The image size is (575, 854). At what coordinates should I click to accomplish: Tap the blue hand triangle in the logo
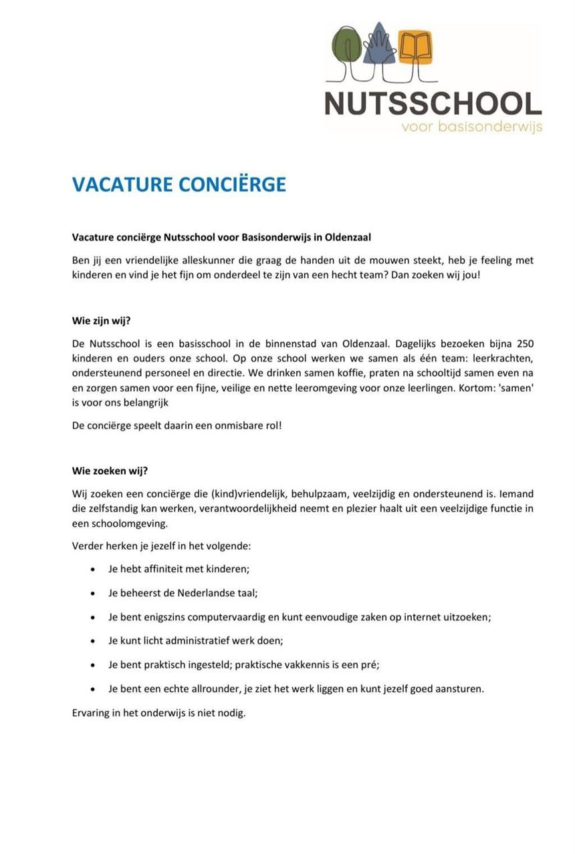tap(380, 47)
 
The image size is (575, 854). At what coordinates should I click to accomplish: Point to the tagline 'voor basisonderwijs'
tap(471, 126)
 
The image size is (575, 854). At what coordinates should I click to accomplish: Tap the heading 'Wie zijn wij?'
tap(101, 321)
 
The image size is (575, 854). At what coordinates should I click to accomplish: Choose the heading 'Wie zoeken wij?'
tap(110, 470)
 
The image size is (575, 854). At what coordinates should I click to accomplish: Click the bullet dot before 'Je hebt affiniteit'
tap(92, 570)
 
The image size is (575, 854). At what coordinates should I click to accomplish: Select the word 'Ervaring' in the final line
tap(90, 712)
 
